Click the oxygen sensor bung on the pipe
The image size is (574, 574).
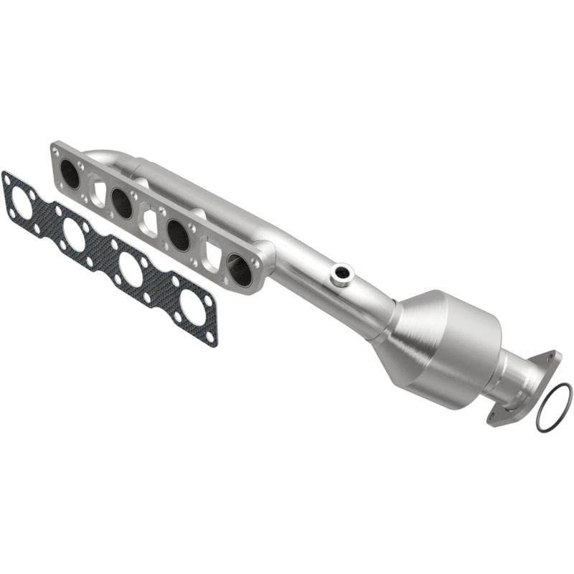[x=342, y=273]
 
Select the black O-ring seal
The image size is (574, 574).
[x=554, y=408]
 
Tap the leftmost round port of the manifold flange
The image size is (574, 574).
[x=70, y=174]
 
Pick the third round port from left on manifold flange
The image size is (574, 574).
[x=178, y=235]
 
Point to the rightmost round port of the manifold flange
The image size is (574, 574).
[x=240, y=269]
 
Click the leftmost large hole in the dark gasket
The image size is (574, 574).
[x=22, y=204]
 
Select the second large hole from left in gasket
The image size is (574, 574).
[x=74, y=234]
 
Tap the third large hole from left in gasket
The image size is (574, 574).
[x=131, y=269]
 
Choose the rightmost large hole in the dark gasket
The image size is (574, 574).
[x=192, y=306]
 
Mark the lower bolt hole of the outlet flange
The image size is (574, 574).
[x=493, y=415]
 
